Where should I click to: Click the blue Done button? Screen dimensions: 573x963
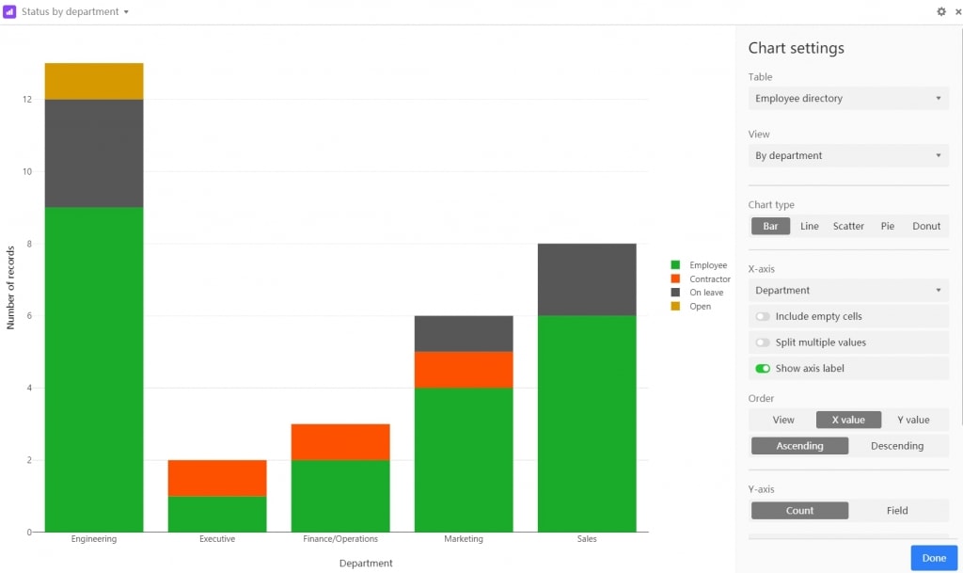(934, 558)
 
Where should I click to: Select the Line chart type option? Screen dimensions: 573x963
(809, 226)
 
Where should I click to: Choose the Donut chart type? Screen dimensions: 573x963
(926, 226)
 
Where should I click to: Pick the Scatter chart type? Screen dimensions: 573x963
(848, 226)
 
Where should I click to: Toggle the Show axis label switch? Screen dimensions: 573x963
(763, 369)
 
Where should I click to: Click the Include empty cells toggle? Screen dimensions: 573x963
(763, 317)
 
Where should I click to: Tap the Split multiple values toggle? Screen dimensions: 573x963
(763, 342)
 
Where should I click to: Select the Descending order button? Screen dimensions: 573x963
(897, 446)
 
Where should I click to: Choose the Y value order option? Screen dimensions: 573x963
(913, 420)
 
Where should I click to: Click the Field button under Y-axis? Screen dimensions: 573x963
(897, 511)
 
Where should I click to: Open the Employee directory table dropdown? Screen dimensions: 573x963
(848, 99)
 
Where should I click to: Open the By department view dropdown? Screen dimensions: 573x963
(848, 156)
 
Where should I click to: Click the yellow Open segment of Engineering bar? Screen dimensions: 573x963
(94, 81)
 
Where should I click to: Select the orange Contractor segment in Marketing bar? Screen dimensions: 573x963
(464, 370)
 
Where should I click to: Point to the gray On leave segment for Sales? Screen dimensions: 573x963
(587, 279)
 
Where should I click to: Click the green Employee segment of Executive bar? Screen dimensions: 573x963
(217, 514)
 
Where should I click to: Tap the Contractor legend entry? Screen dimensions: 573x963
(709, 279)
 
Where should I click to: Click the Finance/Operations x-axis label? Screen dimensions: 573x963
(340, 539)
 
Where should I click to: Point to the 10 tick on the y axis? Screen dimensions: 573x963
(27, 171)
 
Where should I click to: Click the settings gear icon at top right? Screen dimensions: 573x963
(941, 12)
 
